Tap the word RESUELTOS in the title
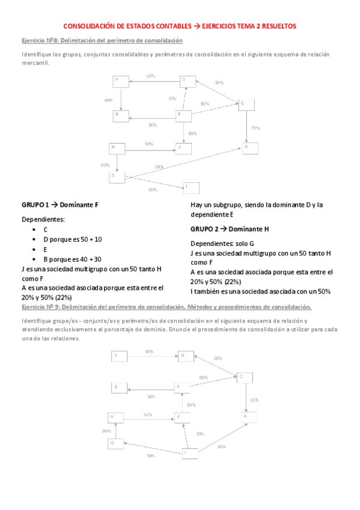(275, 26)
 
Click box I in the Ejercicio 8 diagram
(191, 188)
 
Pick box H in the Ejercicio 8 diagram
(117, 147)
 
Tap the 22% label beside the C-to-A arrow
(255, 128)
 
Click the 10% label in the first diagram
(172, 99)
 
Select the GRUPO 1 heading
(59, 204)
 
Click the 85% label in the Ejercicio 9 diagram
(191, 405)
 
